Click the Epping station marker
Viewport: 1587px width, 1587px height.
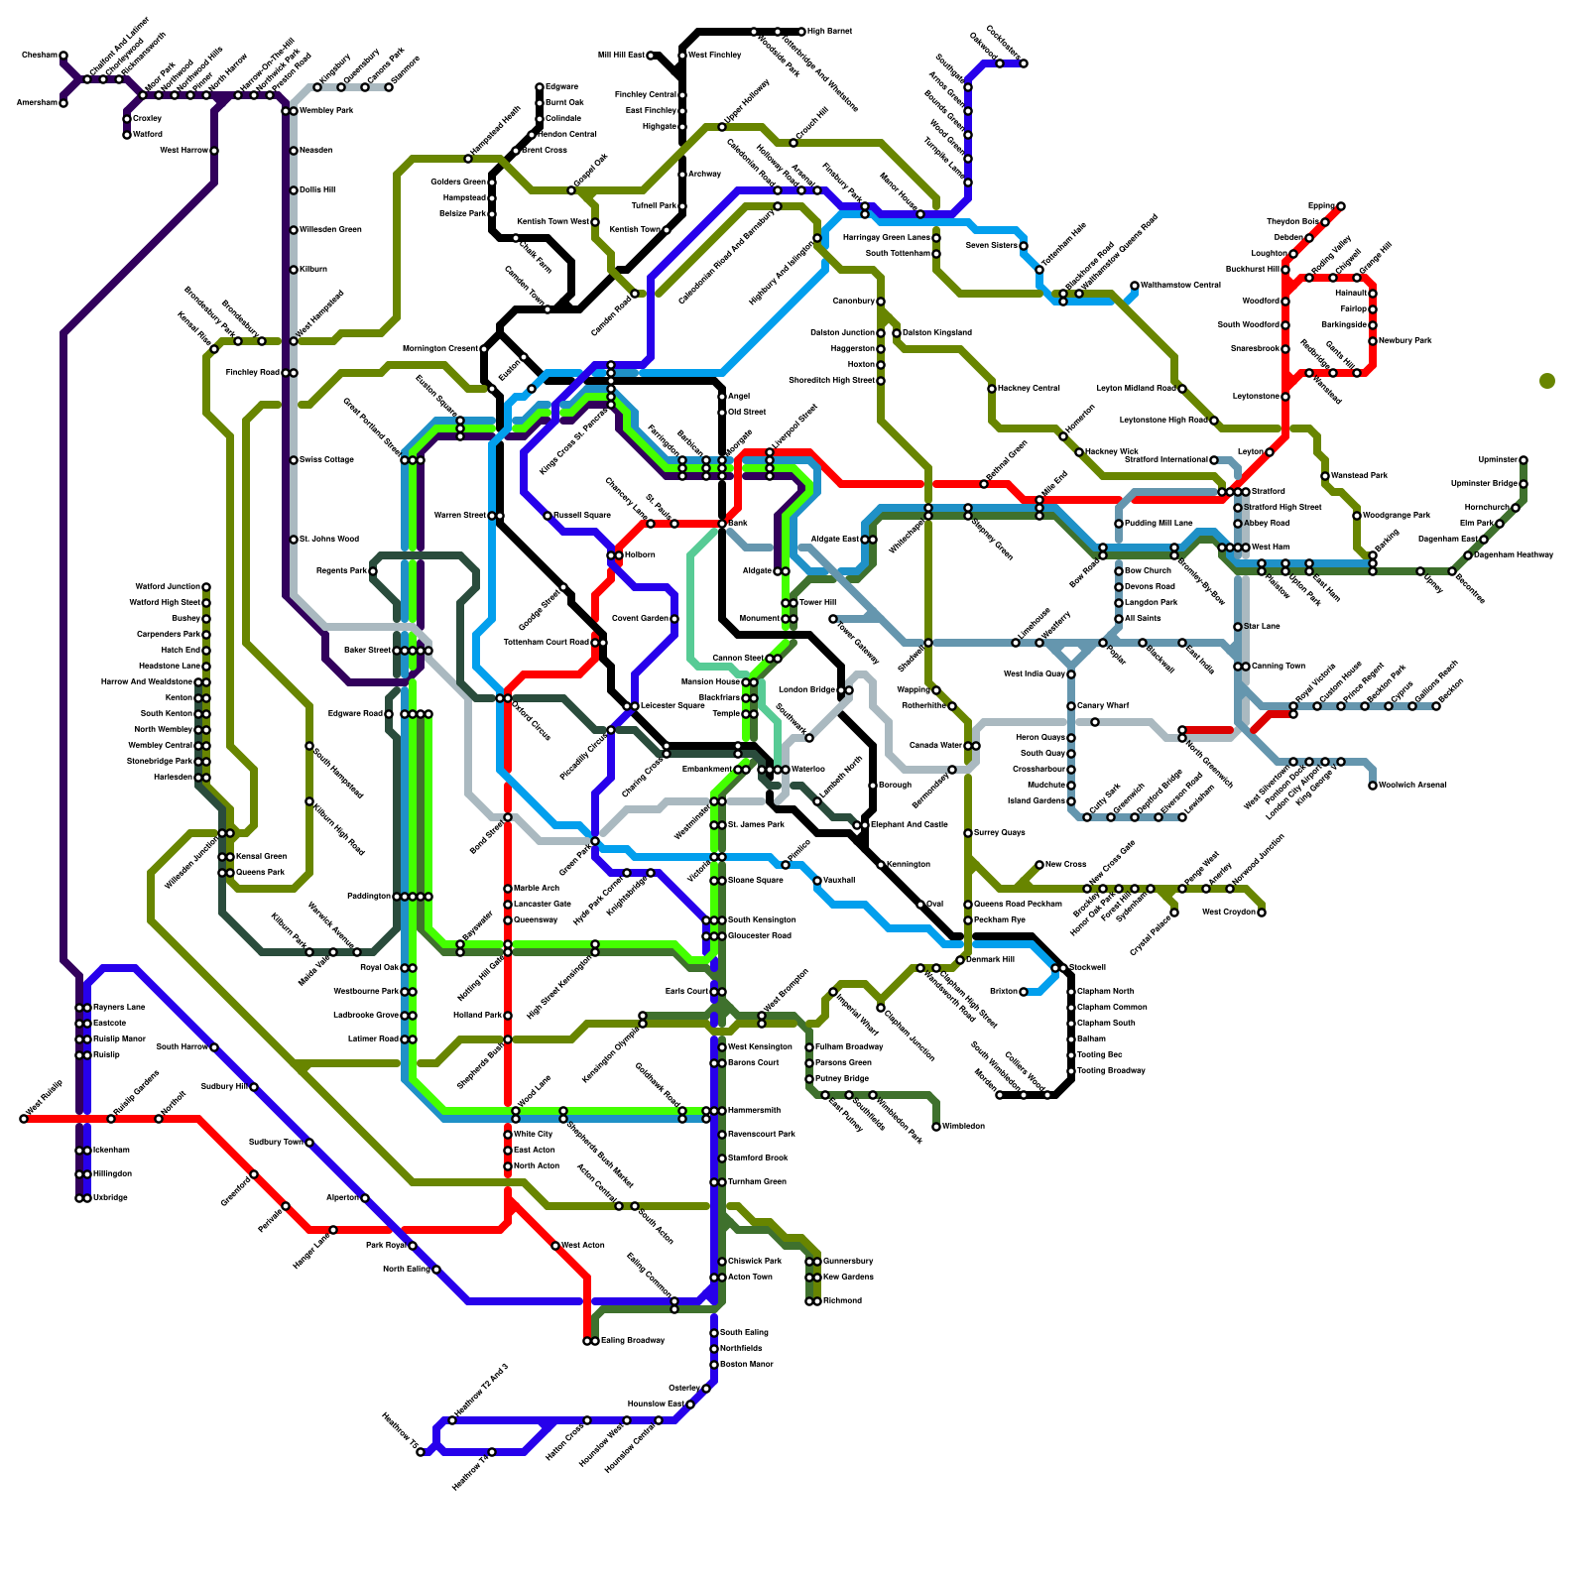point(1341,206)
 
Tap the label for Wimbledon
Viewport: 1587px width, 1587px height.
point(963,1127)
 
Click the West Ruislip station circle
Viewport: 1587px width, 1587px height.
point(24,1119)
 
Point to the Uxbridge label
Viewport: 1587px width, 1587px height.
point(111,1198)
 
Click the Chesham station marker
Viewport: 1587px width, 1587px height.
point(63,56)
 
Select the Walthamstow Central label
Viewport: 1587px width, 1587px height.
point(1180,286)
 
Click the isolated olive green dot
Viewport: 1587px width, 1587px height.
point(1547,381)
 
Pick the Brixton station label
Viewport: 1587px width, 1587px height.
point(1003,992)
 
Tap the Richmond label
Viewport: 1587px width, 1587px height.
point(842,1301)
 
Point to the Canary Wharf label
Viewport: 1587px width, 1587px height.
point(1103,706)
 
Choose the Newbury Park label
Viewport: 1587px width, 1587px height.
point(1405,341)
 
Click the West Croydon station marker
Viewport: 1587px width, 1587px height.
point(1262,913)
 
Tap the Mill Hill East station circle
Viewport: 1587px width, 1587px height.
point(651,56)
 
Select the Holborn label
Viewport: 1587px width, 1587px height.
point(640,555)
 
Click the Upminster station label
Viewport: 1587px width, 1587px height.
point(1498,460)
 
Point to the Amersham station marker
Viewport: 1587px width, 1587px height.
point(63,103)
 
